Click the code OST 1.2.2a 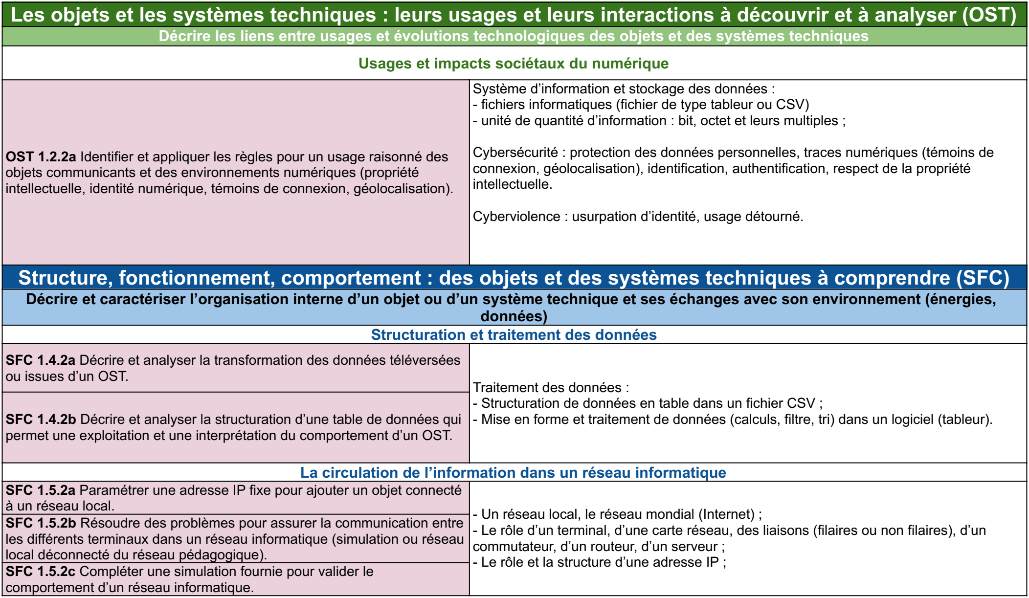point(41,157)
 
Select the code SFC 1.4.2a point(41,360)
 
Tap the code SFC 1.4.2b point(41,420)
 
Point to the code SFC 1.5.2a point(41,490)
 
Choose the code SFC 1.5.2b point(41,523)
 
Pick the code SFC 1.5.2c point(41,572)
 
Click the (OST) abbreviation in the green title point(989,15)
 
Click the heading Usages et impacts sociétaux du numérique point(514,64)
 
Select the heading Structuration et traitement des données point(514,335)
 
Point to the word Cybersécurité point(515,153)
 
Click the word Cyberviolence point(516,217)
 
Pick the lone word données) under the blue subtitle point(514,316)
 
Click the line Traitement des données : point(551,388)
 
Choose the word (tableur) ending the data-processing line point(964,420)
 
